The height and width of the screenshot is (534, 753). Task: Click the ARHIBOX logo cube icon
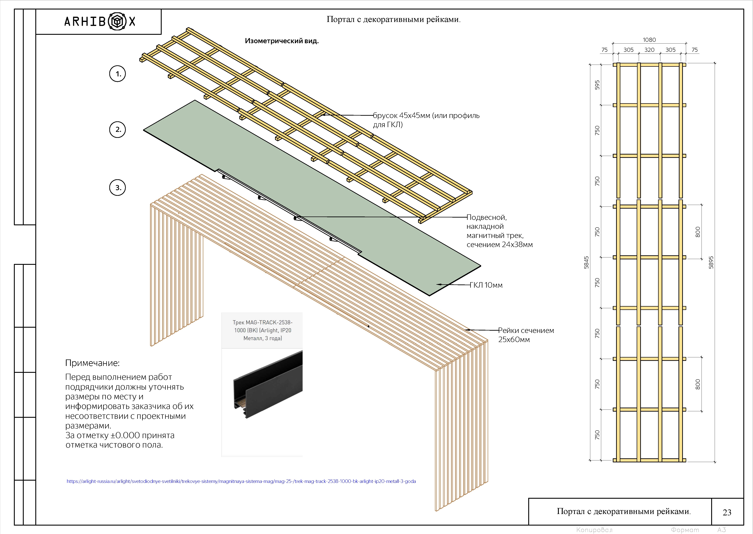click(117, 22)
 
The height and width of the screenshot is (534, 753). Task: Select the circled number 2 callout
click(117, 130)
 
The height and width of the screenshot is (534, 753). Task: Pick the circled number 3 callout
click(117, 188)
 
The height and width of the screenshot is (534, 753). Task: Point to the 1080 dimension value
click(649, 40)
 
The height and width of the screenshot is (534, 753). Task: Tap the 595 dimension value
click(597, 85)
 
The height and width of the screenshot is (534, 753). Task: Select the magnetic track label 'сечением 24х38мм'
click(499, 245)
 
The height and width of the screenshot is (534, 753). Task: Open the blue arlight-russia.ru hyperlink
click(241, 481)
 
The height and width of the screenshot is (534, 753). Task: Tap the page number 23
click(727, 512)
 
